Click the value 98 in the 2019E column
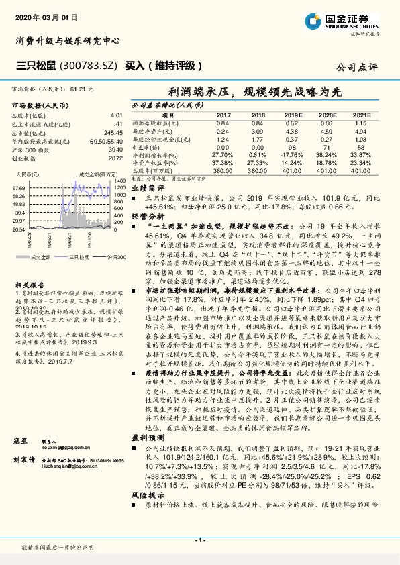[291, 147]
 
